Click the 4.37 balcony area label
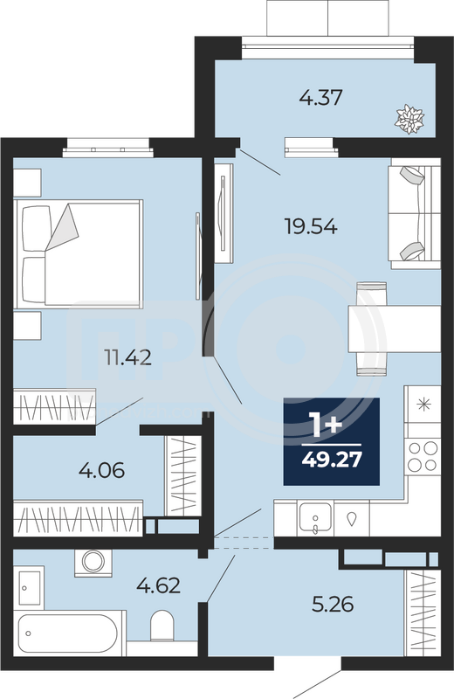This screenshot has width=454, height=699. click(x=320, y=98)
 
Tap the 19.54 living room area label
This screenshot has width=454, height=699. click(x=311, y=226)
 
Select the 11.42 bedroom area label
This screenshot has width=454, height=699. click(x=127, y=357)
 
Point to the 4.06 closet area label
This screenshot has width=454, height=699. click(x=101, y=470)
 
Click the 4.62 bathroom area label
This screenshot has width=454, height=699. click(x=159, y=585)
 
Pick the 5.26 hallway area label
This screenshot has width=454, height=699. click(x=333, y=605)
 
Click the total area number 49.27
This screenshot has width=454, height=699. click(x=332, y=460)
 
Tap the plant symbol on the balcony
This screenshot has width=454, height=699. click(x=409, y=119)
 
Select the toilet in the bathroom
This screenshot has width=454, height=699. click(x=162, y=625)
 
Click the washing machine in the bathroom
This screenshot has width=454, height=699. click(x=93, y=563)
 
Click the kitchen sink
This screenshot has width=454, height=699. click(x=315, y=517)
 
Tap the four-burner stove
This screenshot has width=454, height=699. click(x=423, y=455)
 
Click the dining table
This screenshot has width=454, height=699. click(x=395, y=329)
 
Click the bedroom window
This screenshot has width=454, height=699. click(x=107, y=149)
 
